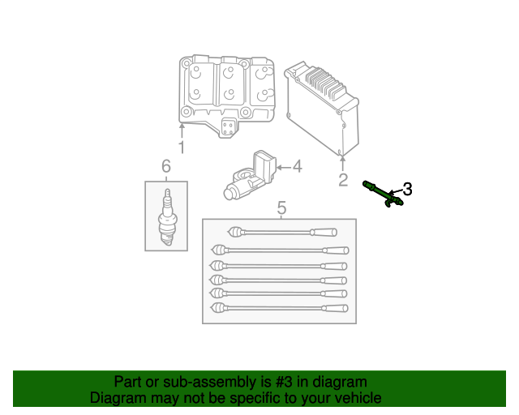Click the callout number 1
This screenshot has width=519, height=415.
[x=182, y=148]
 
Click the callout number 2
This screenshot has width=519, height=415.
[x=343, y=180]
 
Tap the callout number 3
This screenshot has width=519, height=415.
[x=407, y=189]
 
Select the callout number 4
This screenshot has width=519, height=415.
[x=297, y=167]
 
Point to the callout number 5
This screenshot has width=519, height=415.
[x=281, y=208]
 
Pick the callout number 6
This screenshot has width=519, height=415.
[x=166, y=167]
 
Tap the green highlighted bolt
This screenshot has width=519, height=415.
[x=383, y=194]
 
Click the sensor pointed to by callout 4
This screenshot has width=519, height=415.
[x=251, y=176]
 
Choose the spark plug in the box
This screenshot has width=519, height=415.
[x=166, y=216]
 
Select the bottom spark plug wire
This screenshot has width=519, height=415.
[x=280, y=309]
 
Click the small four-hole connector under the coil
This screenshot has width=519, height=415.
[x=230, y=127]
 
